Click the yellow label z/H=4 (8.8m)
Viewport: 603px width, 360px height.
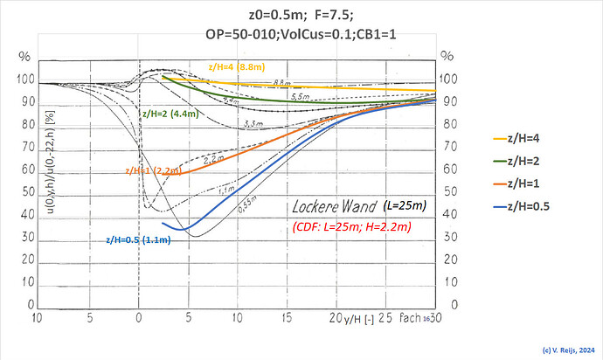(x=235, y=66)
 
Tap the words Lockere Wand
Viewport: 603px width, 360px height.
(x=331, y=209)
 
